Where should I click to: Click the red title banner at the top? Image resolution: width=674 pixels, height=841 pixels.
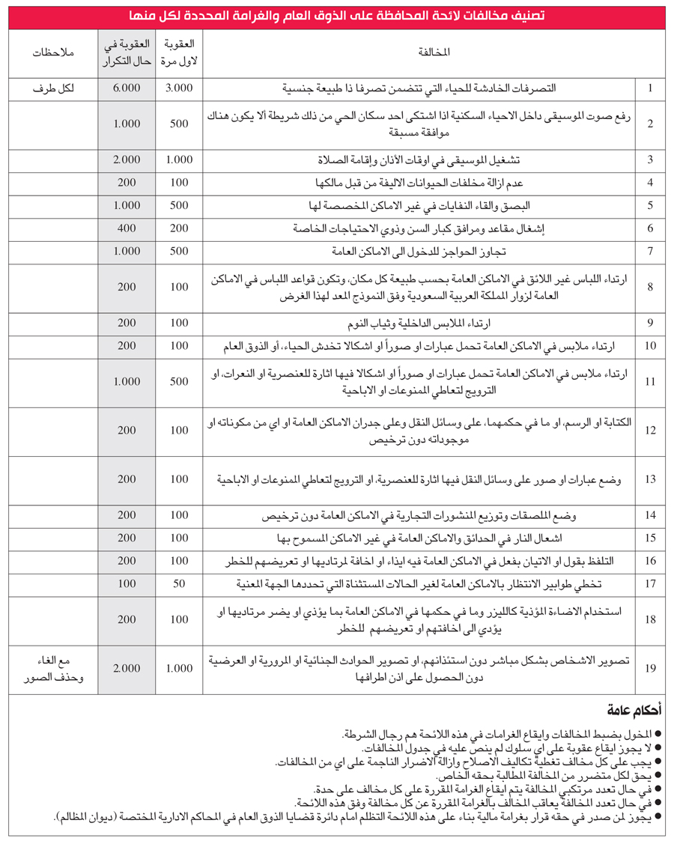[336, 16]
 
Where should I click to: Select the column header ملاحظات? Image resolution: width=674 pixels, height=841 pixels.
[52, 53]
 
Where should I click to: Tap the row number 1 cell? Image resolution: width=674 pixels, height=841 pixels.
[651, 88]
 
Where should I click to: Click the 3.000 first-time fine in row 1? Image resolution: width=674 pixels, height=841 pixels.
[179, 88]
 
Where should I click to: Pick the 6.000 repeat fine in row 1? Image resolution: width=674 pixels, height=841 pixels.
[127, 88]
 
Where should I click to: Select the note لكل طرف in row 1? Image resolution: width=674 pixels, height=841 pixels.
[52, 88]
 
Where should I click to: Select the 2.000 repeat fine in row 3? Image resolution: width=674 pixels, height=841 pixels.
[127, 160]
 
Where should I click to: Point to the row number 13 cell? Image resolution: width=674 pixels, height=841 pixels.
[651, 479]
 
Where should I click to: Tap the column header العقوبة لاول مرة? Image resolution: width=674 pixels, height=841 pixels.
[179, 53]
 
